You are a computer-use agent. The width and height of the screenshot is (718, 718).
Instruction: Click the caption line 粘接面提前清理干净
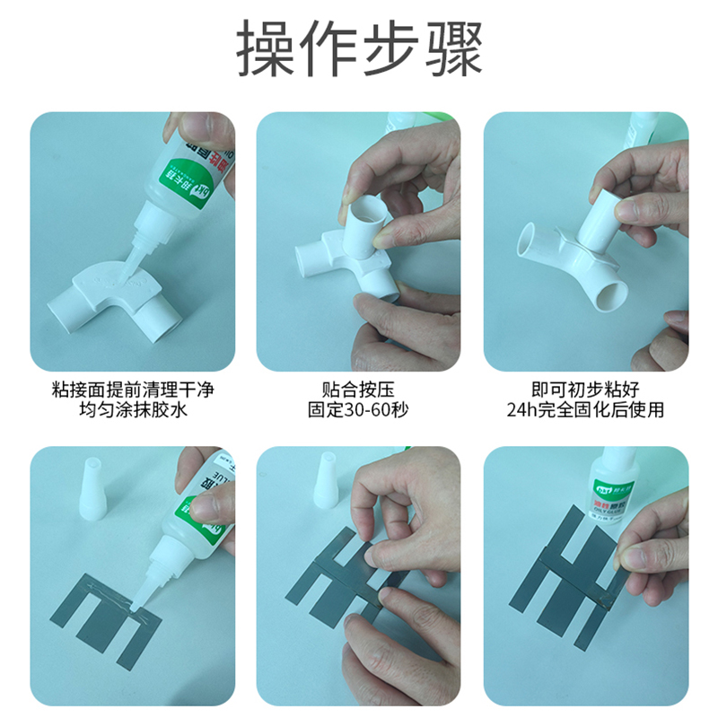[x=133, y=390]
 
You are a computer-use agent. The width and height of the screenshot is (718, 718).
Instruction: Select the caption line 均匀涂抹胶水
[x=133, y=411]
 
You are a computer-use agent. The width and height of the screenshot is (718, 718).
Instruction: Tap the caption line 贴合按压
[x=358, y=390]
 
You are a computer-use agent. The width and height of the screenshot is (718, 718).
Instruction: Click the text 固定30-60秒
[x=358, y=411]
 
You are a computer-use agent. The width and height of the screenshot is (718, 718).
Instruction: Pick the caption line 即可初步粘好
[x=585, y=390]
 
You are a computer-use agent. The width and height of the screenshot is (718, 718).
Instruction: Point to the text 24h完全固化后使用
[x=585, y=411]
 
